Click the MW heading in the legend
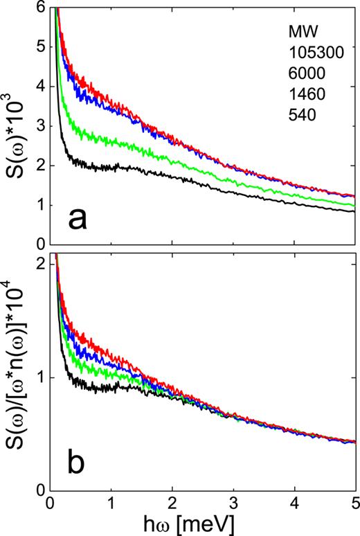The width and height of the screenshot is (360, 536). pos(302,32)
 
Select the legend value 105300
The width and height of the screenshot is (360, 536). pos(312,53)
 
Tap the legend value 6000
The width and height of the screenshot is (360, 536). pos(305,73)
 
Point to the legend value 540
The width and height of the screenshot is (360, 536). pos(302,113)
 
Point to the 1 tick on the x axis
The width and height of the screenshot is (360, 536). pos(111,501)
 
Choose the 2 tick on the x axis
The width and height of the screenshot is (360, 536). pos(172,501)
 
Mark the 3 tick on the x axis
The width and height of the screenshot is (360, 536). pos(233,501)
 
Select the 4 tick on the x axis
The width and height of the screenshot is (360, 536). pos(294,501)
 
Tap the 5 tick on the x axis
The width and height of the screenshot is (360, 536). pos(354,501)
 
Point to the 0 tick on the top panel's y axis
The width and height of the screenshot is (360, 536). pos(40,244)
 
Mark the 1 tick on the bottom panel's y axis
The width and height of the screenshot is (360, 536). pos(40,378)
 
